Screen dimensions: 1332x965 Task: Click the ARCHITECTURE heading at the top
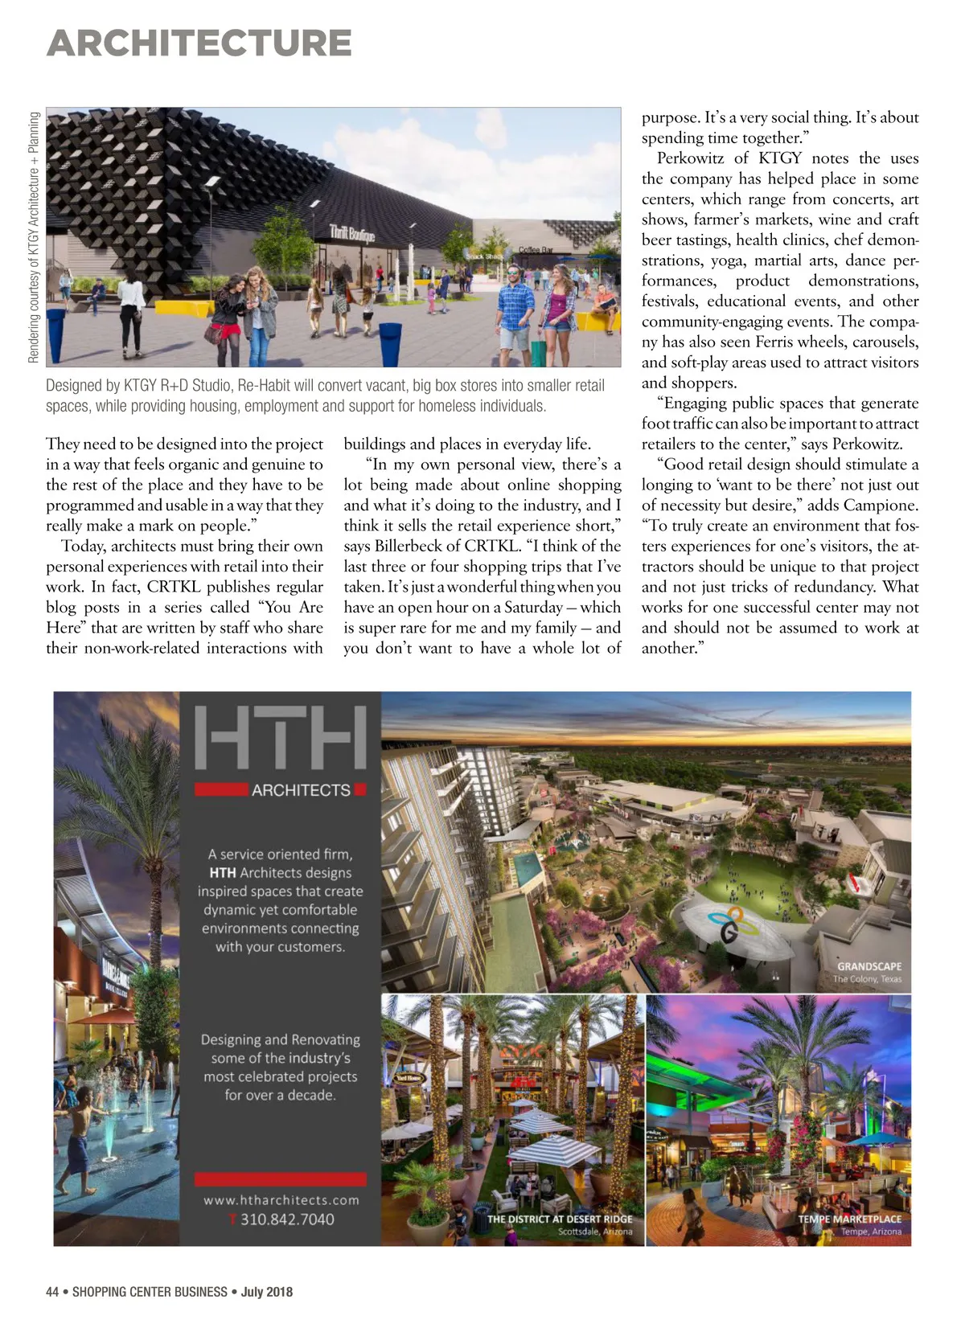199,43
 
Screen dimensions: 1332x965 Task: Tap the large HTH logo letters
281,737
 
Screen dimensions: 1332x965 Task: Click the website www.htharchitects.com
281,1200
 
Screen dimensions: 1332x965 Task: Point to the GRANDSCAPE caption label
869,966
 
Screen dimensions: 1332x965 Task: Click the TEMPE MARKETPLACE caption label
849,1219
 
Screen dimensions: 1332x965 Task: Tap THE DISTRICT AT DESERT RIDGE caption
560,1219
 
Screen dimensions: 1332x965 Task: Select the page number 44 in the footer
52,1292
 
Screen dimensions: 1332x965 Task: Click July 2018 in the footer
267,1292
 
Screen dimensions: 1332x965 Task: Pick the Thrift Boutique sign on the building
351,234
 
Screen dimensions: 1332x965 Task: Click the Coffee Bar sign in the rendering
535,250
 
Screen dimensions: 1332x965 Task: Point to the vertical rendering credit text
34,237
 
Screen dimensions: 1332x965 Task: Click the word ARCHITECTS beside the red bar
301,790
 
